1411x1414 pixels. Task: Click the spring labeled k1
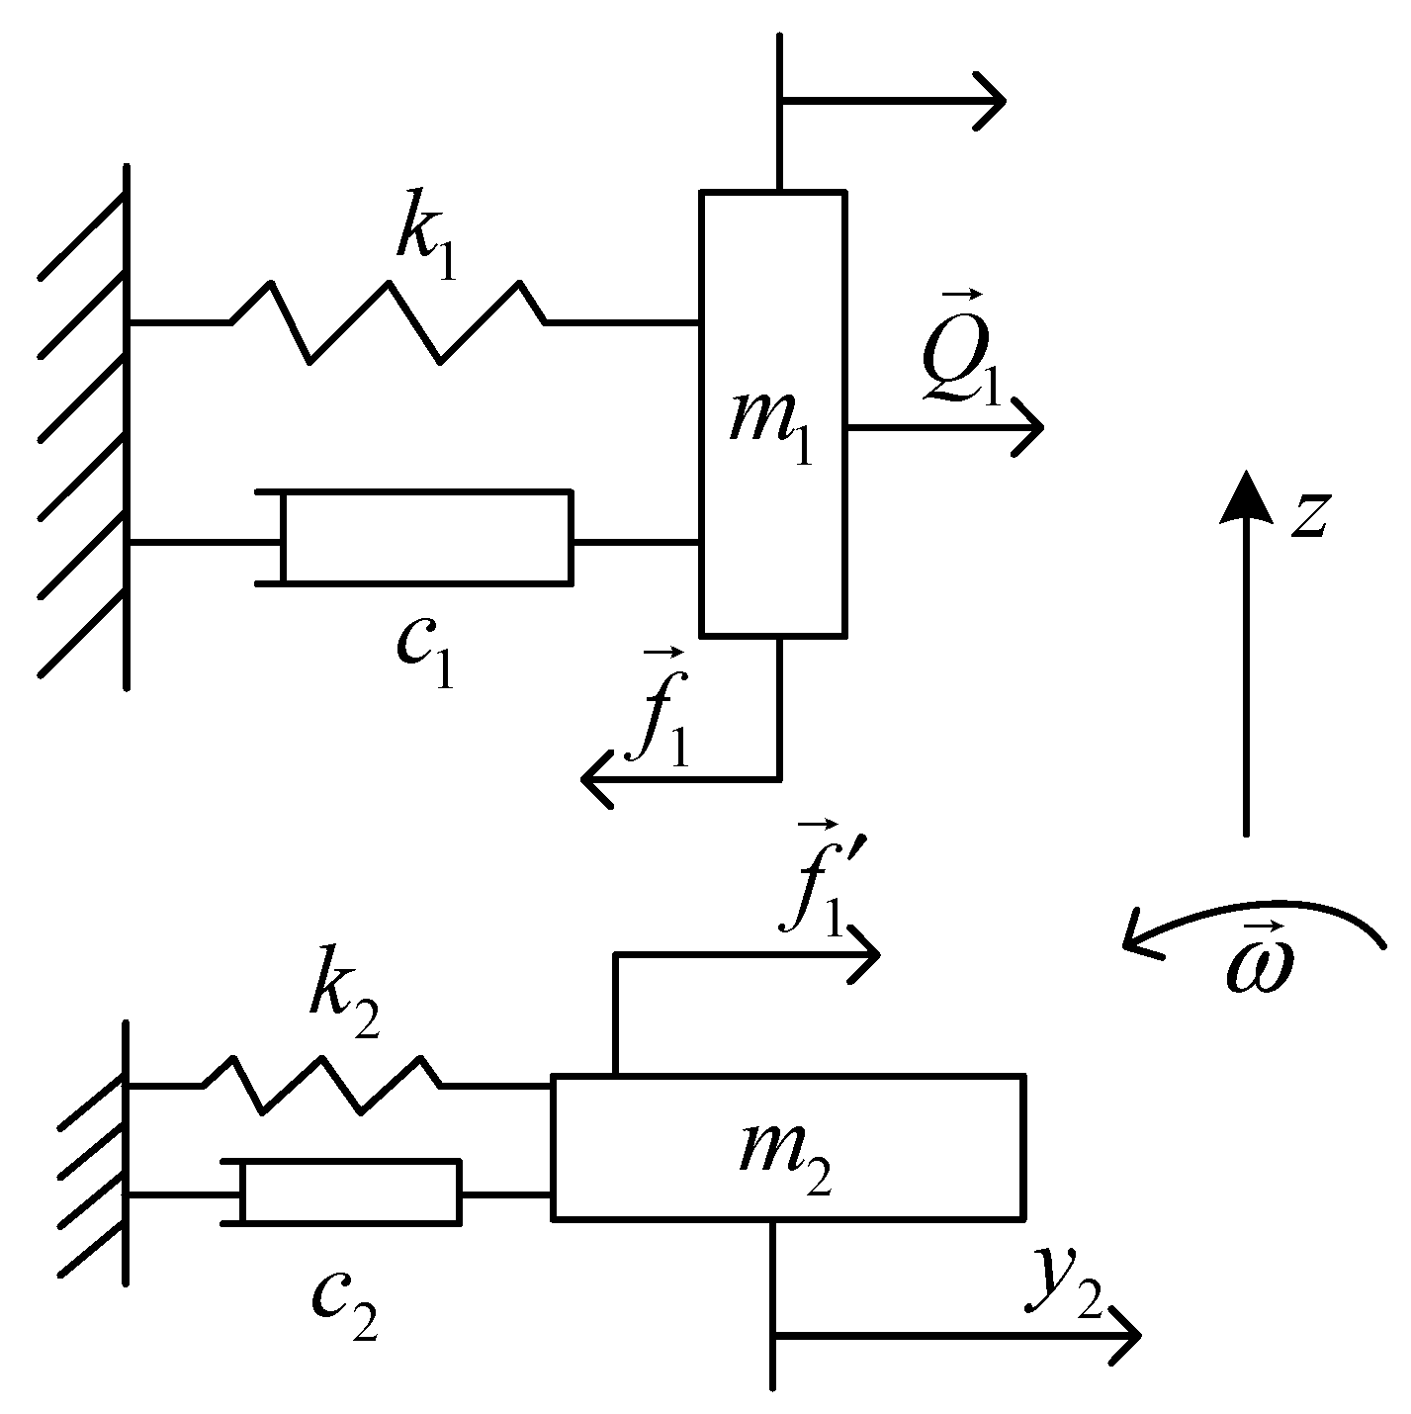(387, 321)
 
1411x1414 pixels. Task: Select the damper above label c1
(425, 536)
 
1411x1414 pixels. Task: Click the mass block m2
(787, 1147)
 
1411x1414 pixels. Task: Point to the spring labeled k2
(321, 1085)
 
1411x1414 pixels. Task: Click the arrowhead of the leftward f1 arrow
(595, 779)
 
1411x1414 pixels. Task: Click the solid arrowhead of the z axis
(1245, 494)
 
